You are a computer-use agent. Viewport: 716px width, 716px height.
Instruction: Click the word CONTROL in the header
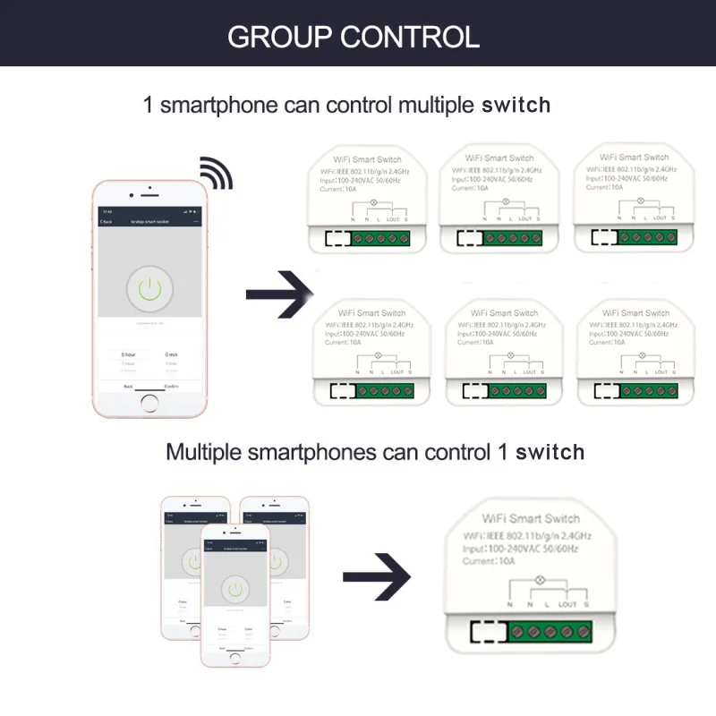click(x=409, y=37)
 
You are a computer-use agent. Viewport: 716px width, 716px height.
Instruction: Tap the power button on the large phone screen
click(x=149, y=287)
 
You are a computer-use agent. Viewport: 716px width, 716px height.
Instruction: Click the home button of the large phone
click(x=149, y=403)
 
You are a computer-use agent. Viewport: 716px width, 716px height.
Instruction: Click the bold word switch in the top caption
click(x=516, y=105)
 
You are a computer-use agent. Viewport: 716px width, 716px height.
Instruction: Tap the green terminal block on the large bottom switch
click(x=550, y=632)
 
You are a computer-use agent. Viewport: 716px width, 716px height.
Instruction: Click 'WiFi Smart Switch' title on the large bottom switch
click(x=531, y=518)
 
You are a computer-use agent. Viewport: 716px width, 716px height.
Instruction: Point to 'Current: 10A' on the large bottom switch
click(x=489, y=561)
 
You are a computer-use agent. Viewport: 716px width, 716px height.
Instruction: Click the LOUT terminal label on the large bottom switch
click(x=567, y=605)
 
